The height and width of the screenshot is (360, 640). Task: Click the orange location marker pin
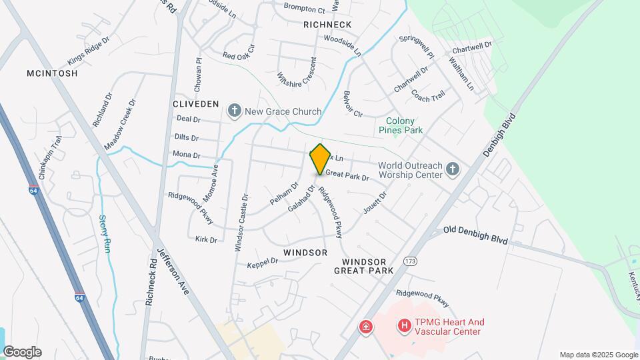pyautogui.click(x=320, y=159)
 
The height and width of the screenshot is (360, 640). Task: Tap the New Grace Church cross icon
pyautogui.click(x=234, y=111)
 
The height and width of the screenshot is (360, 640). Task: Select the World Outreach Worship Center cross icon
pyautogui.click(x=453, y=169)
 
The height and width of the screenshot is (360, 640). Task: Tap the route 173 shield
pyautogui.click(x=410, y=261)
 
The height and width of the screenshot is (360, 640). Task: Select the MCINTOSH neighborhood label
pyautogui.click(x=53, y=73)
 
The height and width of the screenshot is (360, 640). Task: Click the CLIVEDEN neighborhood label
pyautogui.click(x=195, y=104)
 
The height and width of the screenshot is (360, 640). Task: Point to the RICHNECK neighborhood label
pyautogui.click(x=327, y=25)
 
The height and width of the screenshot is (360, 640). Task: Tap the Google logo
pyautogui.click(x=22, y=352)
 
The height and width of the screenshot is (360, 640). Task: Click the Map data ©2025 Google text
pyautogui.click(x=599, y=355)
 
